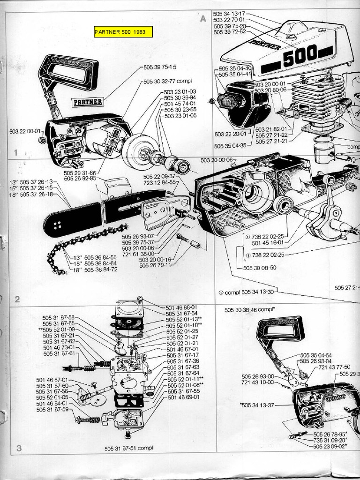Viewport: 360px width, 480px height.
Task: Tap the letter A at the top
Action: pos(203,19)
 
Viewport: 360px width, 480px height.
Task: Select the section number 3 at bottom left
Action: pos(19,448)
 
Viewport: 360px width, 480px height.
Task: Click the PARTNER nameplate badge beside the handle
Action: pos(88,102)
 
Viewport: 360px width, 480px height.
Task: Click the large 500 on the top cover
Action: pos(300,55)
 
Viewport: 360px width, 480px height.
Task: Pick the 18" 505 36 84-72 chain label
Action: pos(96,270)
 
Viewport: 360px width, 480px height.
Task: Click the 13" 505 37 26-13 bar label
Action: pos(31,181)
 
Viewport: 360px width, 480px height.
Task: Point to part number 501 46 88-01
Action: pos(181,307)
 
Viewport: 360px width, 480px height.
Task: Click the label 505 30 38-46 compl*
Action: pos(249,310)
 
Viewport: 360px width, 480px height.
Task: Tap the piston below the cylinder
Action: pos(324,151)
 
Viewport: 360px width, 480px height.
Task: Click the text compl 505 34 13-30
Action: pos(246,292)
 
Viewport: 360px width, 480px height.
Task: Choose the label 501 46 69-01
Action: pos(184,397)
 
